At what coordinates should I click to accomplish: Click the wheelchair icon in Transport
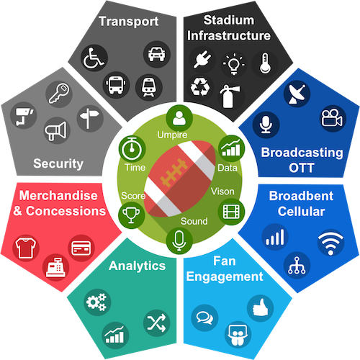coord(94,58)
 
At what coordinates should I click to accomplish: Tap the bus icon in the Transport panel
coord(116,85)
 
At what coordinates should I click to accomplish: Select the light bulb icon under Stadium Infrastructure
coord(233,64)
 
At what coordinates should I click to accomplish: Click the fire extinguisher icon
coord(230,96)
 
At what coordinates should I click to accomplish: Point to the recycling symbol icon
coord(199,87)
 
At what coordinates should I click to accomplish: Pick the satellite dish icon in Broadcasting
coord(297,94)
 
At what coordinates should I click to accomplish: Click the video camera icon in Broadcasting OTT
coord(333,118)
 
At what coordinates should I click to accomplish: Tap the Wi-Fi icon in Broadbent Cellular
coord(330,243)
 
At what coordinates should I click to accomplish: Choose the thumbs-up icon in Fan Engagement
coord(261,308)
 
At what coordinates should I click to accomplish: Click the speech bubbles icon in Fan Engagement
coord(204,318)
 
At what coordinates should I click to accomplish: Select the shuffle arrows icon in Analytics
coord(156,323)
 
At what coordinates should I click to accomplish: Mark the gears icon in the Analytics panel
coord(97,302)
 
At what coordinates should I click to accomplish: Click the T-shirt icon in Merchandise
coord(26,248)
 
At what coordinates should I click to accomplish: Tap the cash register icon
coord(55,267)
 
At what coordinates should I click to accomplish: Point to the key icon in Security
coord(59,94)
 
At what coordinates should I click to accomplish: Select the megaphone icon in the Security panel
coord(56,130)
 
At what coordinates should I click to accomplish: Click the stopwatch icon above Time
coord(132,149)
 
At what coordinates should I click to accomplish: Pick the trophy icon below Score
coord(131,215)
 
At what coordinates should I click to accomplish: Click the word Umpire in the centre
coord(172,135)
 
